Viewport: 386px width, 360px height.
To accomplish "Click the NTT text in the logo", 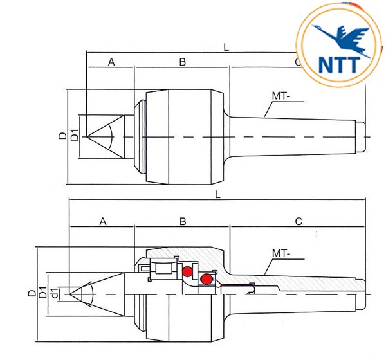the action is (x=339, y=65).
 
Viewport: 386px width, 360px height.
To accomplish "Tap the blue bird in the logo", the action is (x=341, y=39).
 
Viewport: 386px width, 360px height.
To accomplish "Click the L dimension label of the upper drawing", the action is (x=226, y=48).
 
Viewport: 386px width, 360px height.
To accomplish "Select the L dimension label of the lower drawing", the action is (x=217, y=195).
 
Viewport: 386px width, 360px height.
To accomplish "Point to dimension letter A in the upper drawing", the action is (x=111, y=62).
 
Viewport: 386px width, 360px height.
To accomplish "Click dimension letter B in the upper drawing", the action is (x=183, y=62).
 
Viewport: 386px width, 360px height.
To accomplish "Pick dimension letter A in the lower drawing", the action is (x=103, y=221).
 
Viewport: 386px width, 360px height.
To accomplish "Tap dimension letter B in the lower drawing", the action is (x=183, y=221).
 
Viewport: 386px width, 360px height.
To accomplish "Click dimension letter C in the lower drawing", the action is (x=299, y=221).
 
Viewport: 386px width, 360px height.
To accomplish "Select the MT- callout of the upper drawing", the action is (x=281, y=96).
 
